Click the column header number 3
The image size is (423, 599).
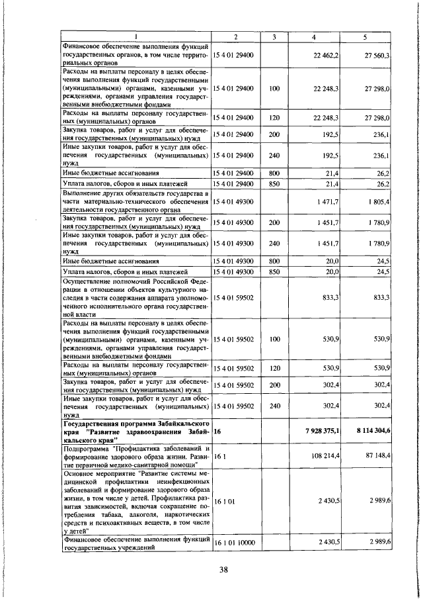point(272,36)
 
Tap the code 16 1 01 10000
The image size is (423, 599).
point(234,543)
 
